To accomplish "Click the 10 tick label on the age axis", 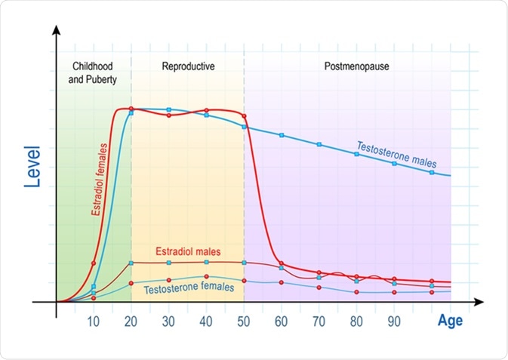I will click(x=94, y=320).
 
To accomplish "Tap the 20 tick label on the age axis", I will click(x=131, y=320).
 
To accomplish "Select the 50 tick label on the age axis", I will click(x=244, y=320).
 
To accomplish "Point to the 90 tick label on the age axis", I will click(x=394, y=320).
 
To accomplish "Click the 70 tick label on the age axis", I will click(x=319, y=320).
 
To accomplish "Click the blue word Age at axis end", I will click(x=451, y=321).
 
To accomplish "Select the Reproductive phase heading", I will click(x=188, y=66).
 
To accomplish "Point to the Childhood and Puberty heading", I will click(x=93, y=72).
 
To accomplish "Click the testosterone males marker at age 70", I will click(x=319, y=144).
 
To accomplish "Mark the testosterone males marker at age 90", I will click(x=394, y=163).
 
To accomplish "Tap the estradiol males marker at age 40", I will click(x=206, y=263).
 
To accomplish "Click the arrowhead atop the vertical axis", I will click(x=56, y=32).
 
